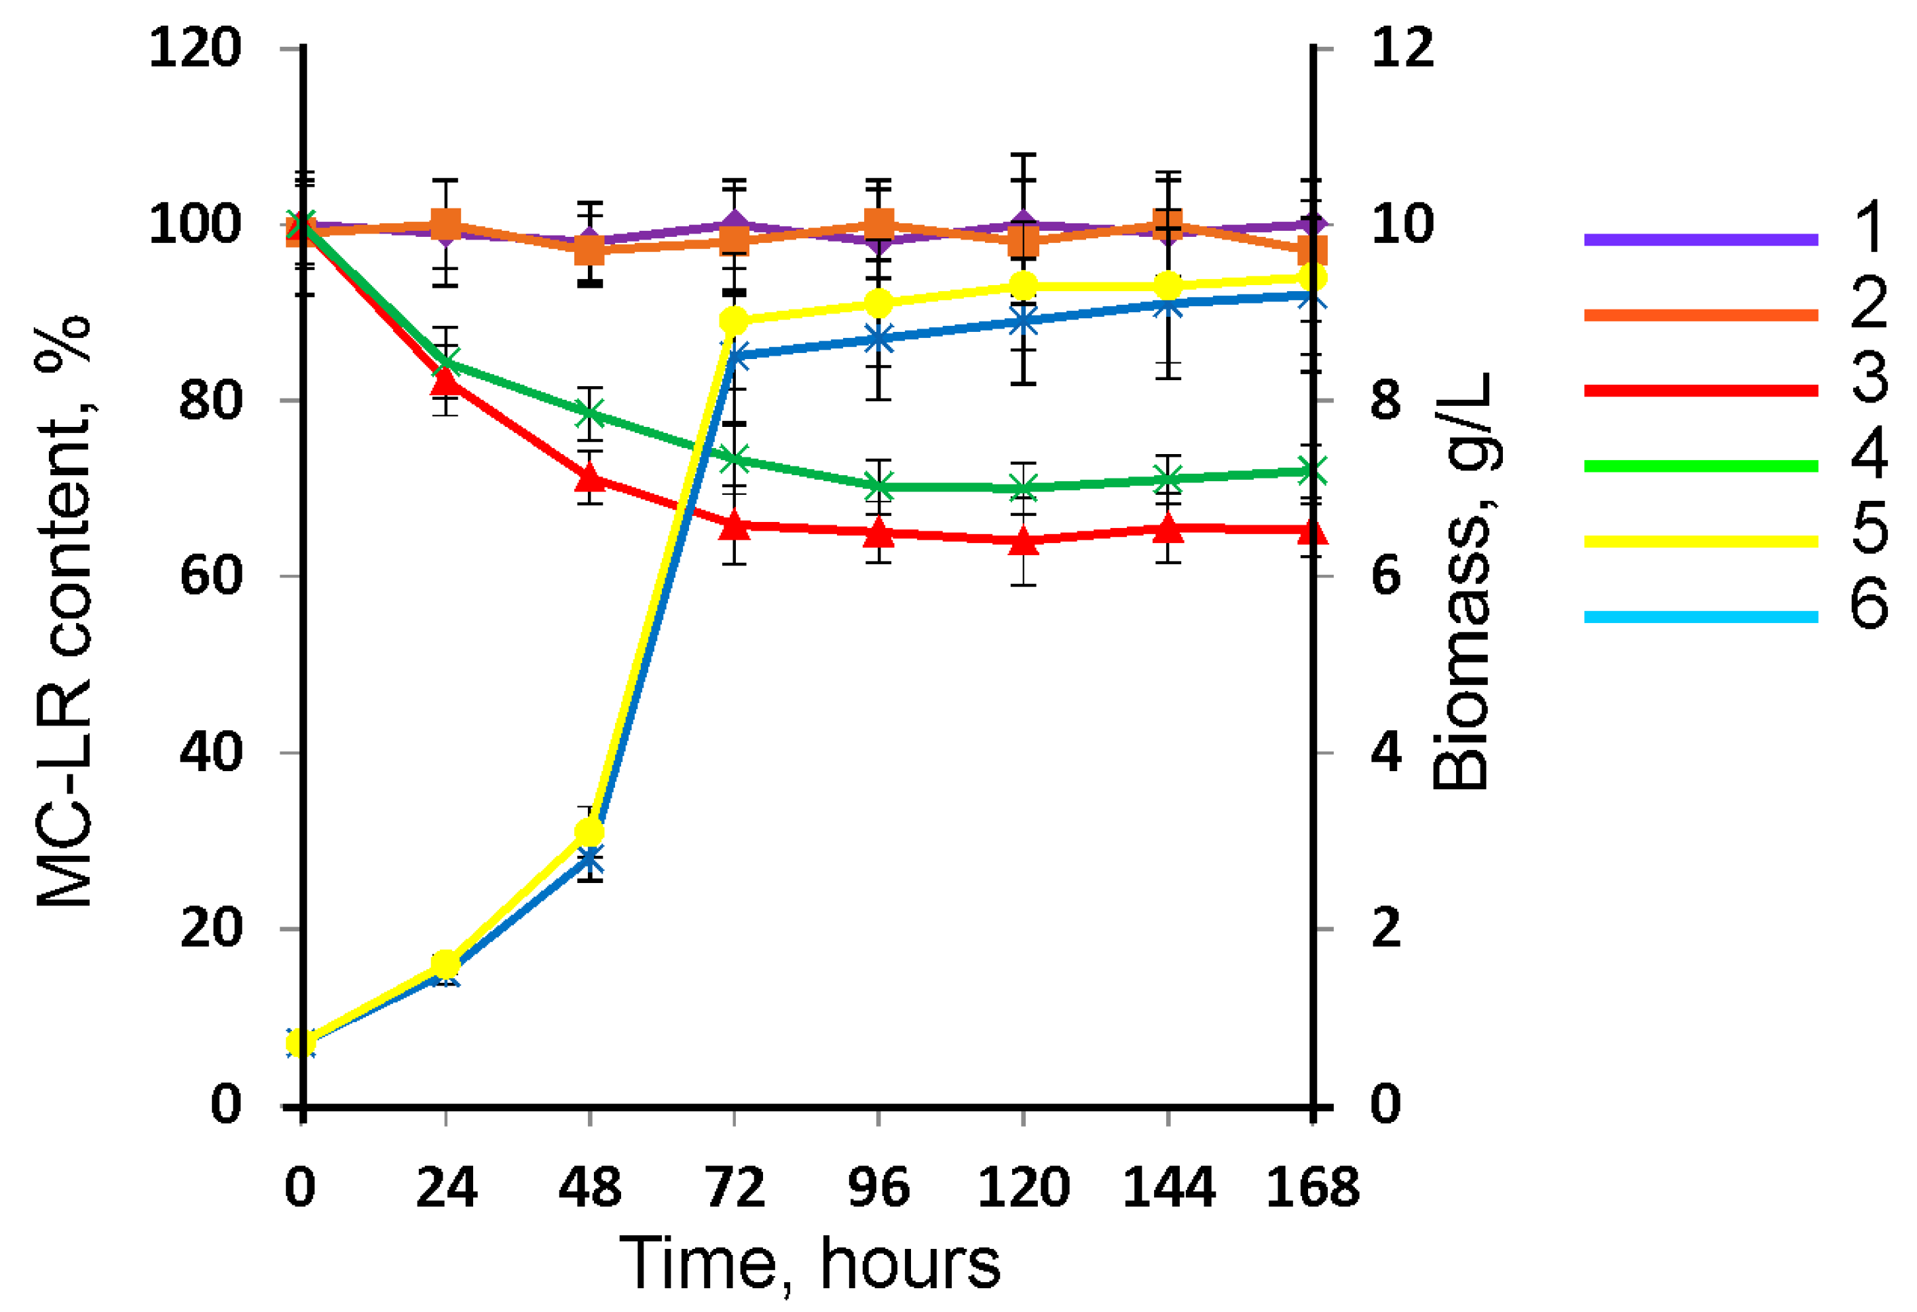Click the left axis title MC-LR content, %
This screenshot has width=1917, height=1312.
pos(64,611)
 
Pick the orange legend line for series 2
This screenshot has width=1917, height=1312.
pos(1701,315)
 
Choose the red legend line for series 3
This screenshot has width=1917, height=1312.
pos(1701,390)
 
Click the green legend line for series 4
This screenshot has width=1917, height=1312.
pos(1701,466)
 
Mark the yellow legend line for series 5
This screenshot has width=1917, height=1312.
pos(1701,541)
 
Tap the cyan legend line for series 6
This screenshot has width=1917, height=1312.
pos(1701,617)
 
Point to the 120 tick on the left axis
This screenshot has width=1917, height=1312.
pos(196,48)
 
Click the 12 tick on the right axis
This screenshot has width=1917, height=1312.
pos(1402,48)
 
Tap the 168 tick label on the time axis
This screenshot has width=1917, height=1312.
pos(1312,1188)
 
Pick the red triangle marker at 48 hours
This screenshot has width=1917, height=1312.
pos(590,477)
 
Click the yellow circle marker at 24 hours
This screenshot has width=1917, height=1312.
pos(445,963)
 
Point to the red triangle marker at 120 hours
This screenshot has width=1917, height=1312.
pos(1024,541)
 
